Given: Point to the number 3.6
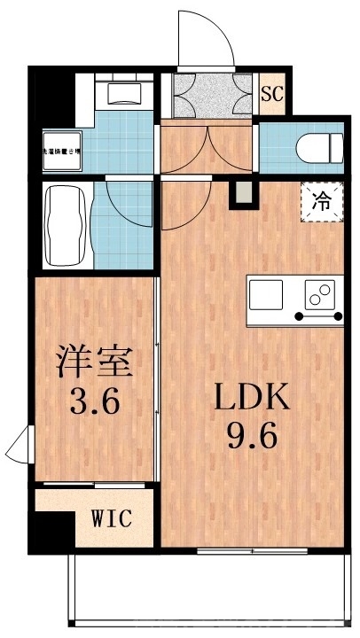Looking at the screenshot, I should [x=95, y=404].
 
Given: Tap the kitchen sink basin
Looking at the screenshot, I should [x=266, y=292].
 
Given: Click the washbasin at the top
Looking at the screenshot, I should [x=126, y=92].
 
